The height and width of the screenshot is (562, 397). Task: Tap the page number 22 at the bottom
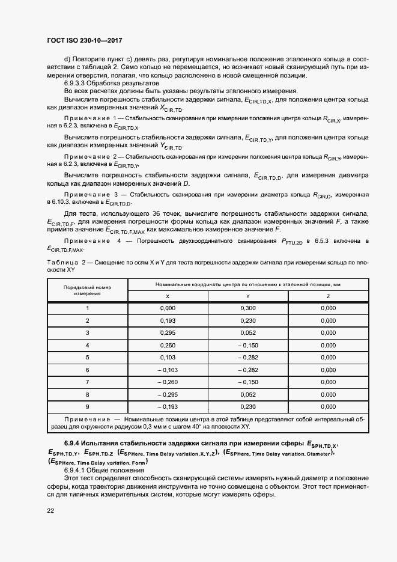(50, 510)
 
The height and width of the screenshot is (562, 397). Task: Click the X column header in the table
(167, 296)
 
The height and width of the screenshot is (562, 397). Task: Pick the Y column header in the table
(247, 296)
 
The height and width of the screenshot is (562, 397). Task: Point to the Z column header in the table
(328, 296)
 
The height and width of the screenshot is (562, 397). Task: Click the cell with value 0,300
(247, 308)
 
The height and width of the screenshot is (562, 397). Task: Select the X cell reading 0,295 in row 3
(167, 333)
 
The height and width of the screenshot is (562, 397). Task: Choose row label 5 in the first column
(87, 357)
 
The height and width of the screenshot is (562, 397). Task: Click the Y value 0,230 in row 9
(247, 406)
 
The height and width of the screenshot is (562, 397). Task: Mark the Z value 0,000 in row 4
(328, 345)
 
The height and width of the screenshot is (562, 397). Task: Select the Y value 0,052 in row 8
(247, 394)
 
